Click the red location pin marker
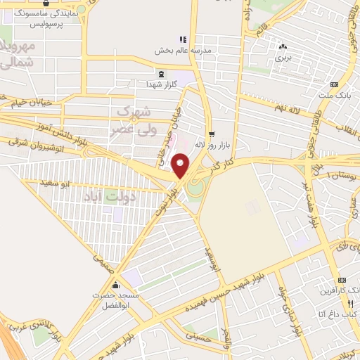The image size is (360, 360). click(181, 165)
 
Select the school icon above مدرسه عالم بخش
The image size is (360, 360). click(182, 39)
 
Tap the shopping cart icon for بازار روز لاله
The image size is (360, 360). click(212, 133)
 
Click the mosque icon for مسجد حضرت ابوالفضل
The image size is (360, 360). click(115, 285)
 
